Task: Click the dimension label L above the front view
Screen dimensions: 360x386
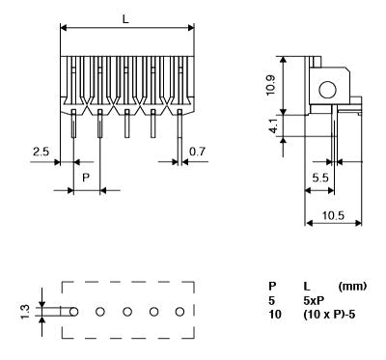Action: [126, 18]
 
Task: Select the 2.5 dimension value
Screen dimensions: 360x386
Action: [41, 152]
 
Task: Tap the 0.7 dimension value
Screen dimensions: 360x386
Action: [197, 152]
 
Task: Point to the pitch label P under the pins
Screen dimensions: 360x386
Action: [86, 178]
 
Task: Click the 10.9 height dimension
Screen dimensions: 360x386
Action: [273, 95]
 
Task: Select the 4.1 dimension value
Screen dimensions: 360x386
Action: [273, 126]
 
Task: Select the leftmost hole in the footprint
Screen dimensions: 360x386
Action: [73, 312]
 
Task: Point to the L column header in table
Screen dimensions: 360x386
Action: [306, 286]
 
